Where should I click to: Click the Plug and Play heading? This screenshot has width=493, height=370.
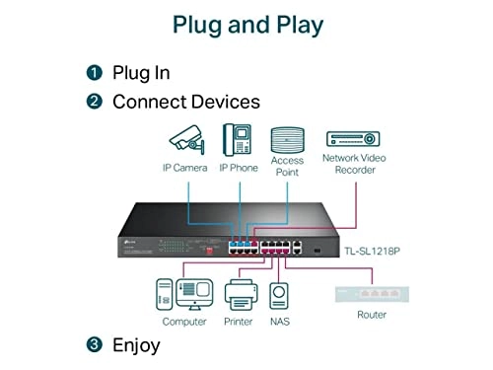(246, 25)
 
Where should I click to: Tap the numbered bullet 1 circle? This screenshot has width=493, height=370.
(94, 73)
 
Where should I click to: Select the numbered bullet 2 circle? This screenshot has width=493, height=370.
(94, 102)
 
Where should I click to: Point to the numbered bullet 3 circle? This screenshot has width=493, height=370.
(94, 345)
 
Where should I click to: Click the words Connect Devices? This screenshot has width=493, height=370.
(186, 102)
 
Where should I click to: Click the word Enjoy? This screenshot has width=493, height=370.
(136, 345)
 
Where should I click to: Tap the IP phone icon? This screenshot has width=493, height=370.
(238, 138)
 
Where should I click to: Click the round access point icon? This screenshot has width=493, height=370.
(287, 137)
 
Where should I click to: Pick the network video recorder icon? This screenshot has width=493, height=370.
(354, 138)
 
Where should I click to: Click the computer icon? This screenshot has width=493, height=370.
(183, 294)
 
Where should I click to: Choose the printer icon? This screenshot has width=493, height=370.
(237, 294)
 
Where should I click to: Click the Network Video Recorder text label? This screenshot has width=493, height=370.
(354, 163)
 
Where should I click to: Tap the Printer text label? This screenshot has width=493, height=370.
(237, 322)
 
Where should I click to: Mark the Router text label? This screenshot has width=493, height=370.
(372, 315)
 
